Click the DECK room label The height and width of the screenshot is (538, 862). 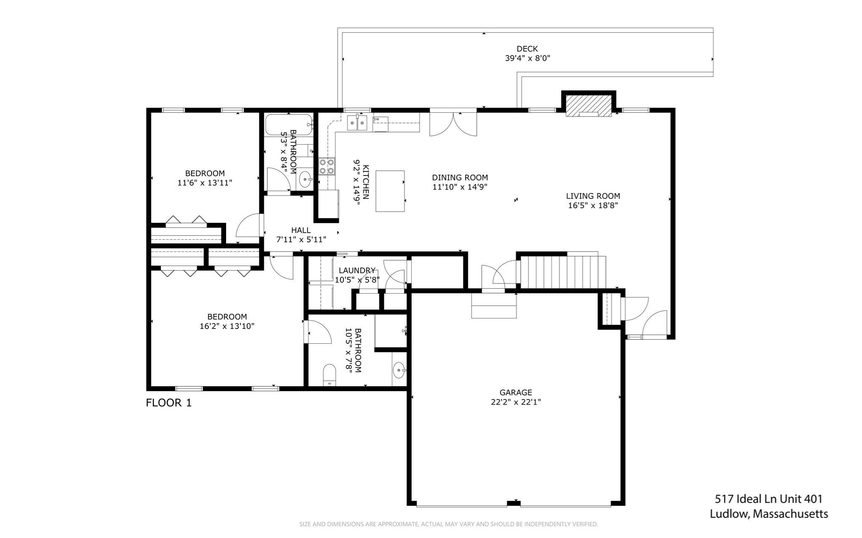(527, 49)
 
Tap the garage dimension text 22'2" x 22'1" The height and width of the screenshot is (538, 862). (516, 402)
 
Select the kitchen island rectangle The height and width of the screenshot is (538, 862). (390, 191)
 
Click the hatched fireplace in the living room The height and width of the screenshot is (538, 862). (588, 105)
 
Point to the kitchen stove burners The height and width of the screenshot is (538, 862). (327, 166)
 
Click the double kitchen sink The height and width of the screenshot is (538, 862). (357, 123)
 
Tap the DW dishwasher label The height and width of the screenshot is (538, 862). (376, 119)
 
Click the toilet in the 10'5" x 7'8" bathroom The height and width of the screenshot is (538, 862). (329, 375)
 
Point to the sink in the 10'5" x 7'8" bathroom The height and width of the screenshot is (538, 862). (399, 371)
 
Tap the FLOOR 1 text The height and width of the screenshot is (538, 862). (168, 403)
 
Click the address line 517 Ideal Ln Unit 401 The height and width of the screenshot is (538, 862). (768, 499)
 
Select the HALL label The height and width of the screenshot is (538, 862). (301, 231)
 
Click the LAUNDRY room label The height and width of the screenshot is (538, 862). (357, 270)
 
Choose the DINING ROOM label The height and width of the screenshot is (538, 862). (460, 178)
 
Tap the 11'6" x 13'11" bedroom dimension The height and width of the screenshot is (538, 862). (205, 183)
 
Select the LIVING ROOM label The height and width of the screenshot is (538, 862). (593, 196)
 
